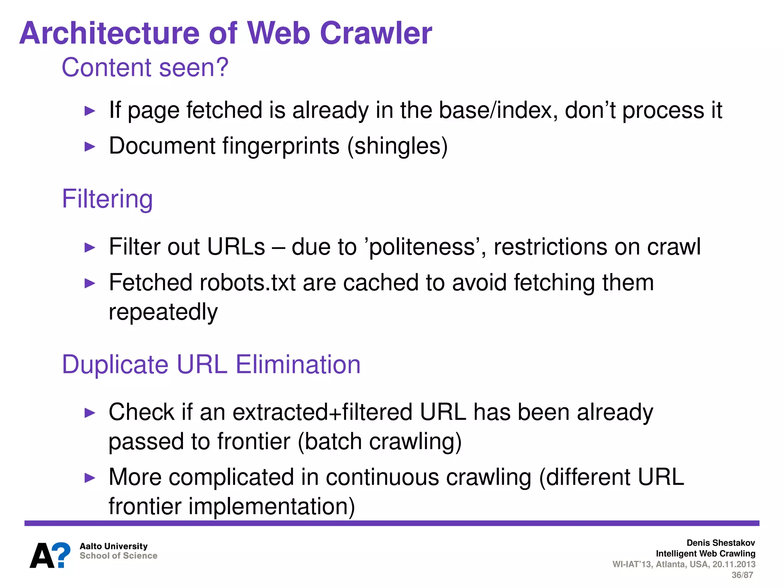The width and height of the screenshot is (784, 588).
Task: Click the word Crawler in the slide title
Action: (x=376, y=33)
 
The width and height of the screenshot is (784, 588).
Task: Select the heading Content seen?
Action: (x=145, y=67)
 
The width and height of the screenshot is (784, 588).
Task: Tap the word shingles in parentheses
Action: (x=397, y=146)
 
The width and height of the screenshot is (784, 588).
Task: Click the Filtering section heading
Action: (x=107, y=199)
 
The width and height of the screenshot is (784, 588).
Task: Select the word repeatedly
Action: (x=163, y=312)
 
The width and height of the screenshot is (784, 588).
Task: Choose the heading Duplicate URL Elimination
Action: (x=211, y=364)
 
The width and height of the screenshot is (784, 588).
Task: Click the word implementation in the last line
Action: (x=272, y=506)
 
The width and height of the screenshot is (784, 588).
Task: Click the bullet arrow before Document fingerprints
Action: (x=90, y=146)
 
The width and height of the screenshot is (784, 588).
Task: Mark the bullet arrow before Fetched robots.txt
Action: (x=90, y=283)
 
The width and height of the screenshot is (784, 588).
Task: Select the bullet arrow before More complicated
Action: (x=90, y=478)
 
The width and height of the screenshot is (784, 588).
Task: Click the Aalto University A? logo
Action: (x=50, y=555)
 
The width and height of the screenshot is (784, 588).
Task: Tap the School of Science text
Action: (x=118, y=556)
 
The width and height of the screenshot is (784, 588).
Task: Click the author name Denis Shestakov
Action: (x=720, y=543)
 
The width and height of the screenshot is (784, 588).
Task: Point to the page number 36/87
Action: (x=742, y=575)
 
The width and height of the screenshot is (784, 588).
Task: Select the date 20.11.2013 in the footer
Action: (x=734, y=564)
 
